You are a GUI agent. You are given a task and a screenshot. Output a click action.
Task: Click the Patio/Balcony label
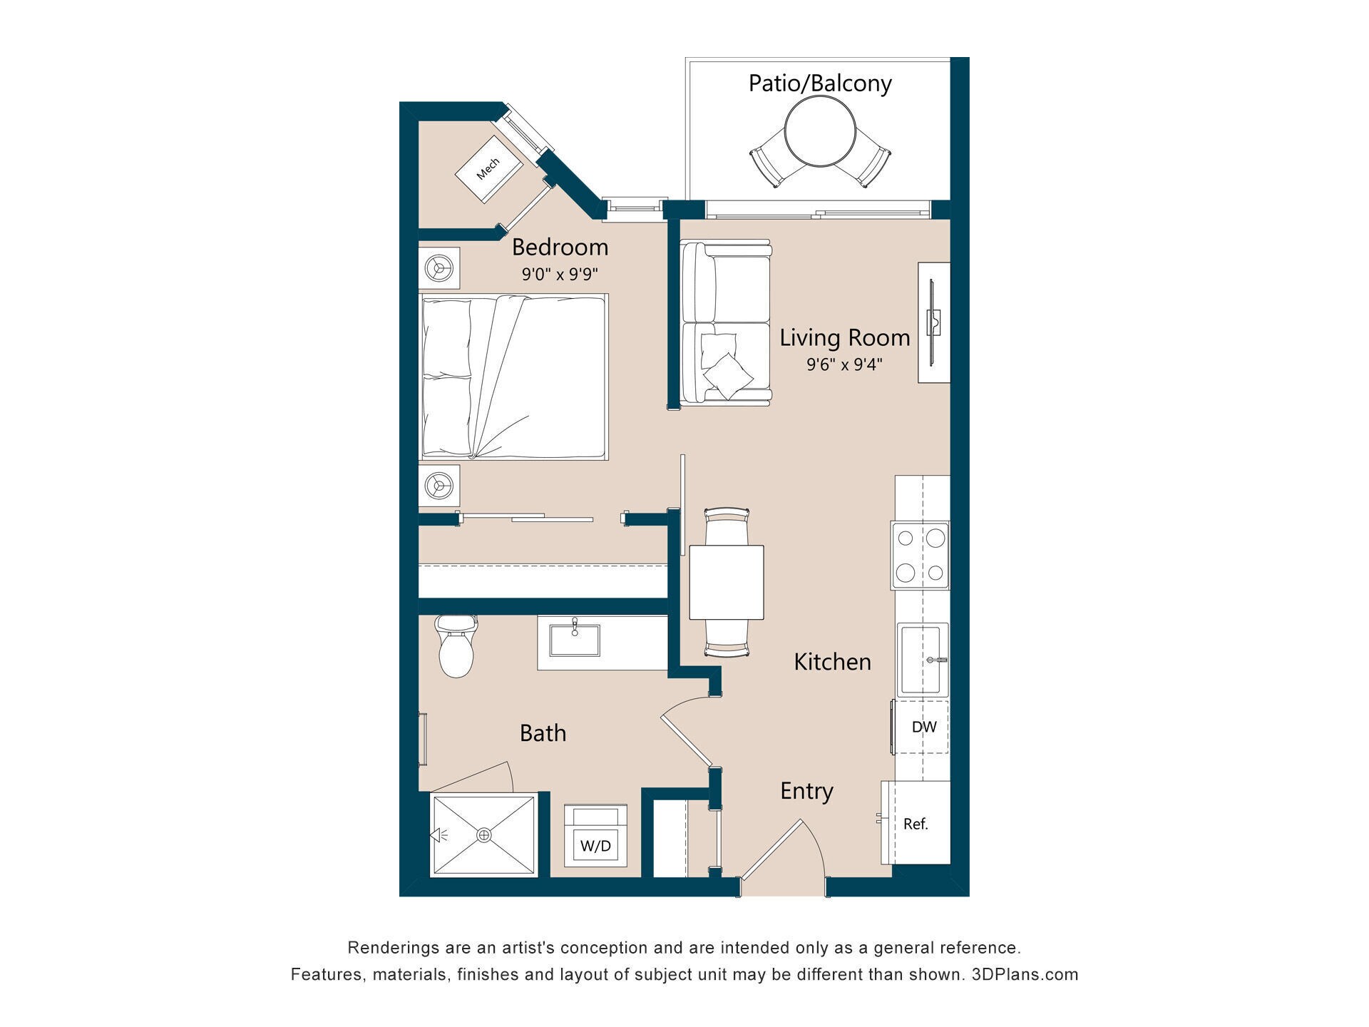point(819,83)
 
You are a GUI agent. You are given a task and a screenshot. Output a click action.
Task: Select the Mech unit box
point(488,169)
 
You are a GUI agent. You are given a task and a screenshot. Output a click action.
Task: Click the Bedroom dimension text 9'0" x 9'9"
point(560,274)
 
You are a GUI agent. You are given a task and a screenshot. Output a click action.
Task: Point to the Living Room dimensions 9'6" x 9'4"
point(844,364)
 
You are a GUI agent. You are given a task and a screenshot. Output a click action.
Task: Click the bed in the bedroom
point(513,376)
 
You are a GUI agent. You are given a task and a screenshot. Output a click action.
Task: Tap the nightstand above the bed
point(439,268)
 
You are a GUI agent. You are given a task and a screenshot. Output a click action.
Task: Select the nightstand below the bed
point(439,486)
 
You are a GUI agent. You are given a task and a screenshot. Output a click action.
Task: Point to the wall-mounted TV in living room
point(933,322)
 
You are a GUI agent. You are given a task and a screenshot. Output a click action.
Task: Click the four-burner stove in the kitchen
point(920,556)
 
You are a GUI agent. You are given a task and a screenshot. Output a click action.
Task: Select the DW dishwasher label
point(924,727)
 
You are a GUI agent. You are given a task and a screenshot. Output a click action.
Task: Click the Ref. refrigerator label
point(916,824)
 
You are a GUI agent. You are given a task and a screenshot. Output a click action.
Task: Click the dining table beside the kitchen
point(727,583)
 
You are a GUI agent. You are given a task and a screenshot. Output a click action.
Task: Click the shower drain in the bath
point(484,834)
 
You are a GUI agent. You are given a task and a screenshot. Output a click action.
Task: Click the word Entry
point(806,791)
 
